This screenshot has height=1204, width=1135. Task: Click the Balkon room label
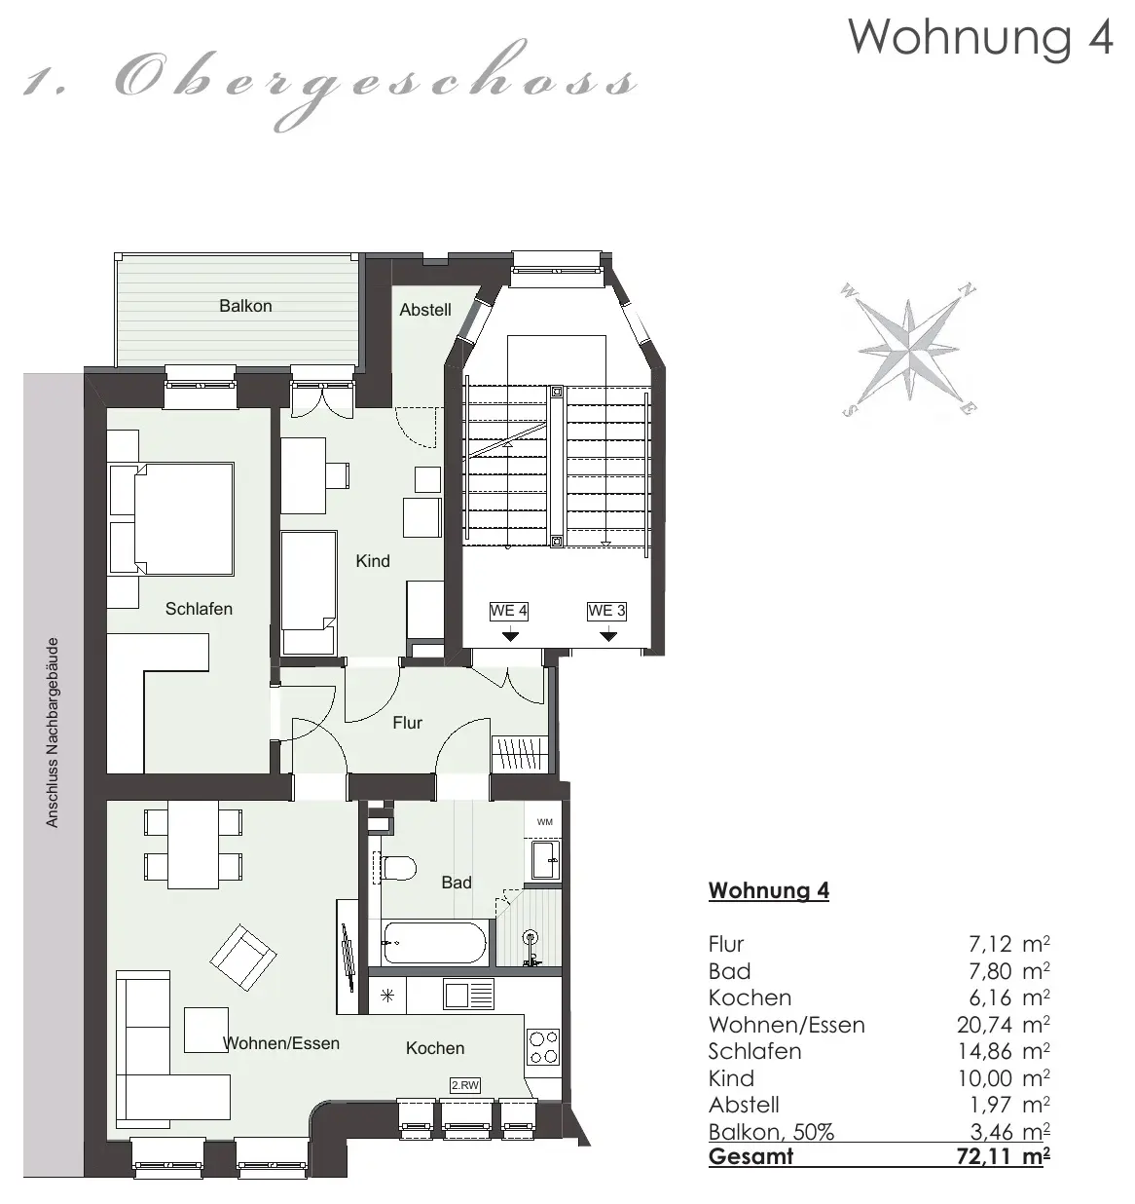[245, 306]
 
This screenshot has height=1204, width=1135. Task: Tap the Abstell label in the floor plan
[425, 310]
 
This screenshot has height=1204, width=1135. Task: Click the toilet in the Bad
[396, 868]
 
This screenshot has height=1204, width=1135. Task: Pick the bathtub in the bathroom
[434, 943]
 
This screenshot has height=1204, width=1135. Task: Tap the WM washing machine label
[545, 822]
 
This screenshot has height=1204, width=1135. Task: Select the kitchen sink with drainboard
[468, 995]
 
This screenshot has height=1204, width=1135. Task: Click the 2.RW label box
[465, 1085]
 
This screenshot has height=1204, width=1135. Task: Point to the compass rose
[908, 349]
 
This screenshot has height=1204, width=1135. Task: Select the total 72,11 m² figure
[1004, 1156]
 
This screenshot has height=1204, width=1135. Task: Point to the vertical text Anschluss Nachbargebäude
[53, 733]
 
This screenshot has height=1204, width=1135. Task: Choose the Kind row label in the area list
[731, 1078]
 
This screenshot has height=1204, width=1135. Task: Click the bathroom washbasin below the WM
[546, 859]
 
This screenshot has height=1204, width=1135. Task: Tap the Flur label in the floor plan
[407, 723]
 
